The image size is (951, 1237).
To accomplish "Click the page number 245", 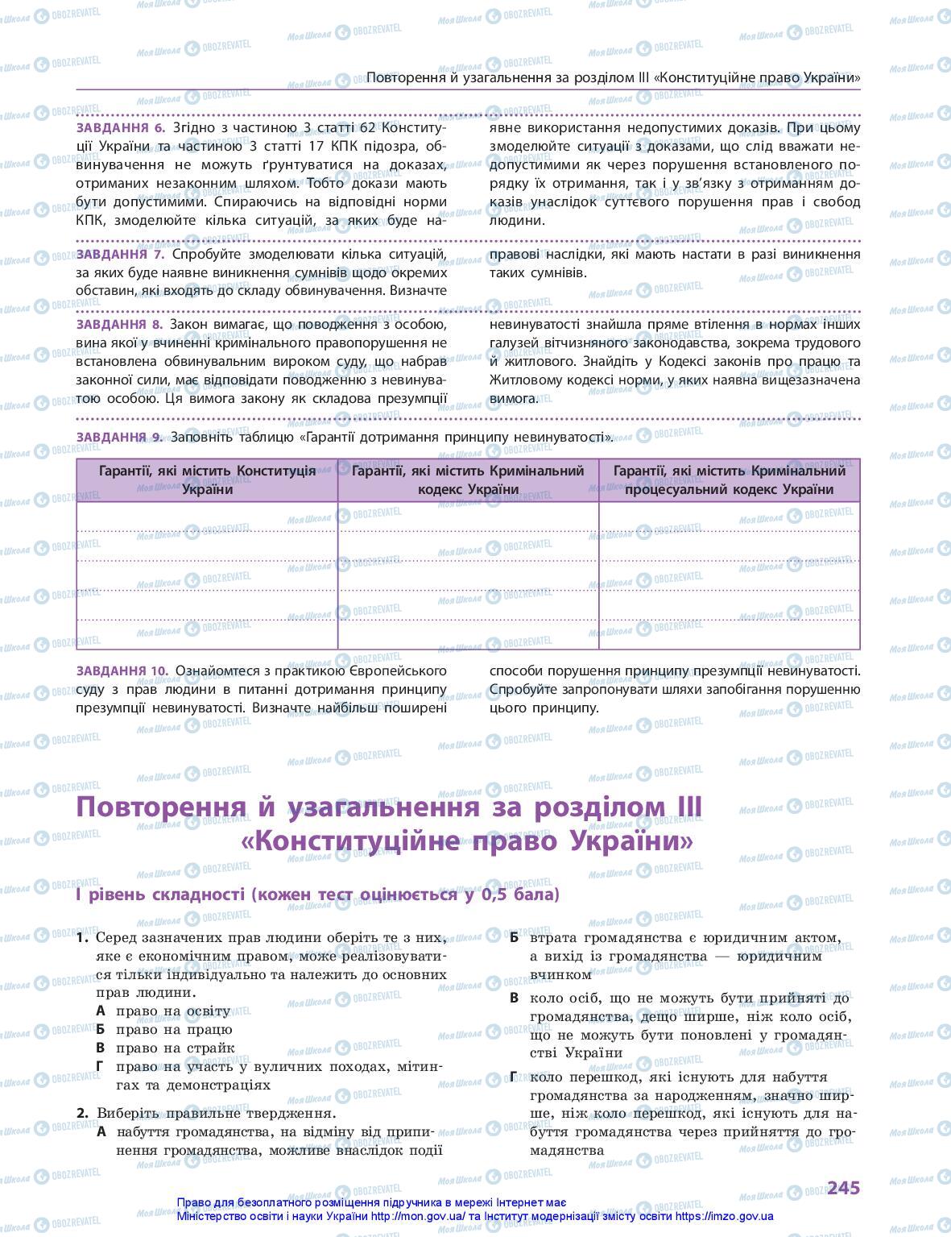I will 843,1187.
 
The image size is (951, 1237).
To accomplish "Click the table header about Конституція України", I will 207,479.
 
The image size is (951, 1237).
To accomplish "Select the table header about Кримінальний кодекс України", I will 468,479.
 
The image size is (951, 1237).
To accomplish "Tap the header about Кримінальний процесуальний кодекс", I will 729,479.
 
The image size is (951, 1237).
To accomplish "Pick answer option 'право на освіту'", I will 173,1011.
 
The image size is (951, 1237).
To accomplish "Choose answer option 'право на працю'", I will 173,1029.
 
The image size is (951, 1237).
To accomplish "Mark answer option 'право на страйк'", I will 175,1048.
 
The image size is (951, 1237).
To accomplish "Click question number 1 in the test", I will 81,938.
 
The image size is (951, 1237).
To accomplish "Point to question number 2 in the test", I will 81,1113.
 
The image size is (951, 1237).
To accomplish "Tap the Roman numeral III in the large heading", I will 683,807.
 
